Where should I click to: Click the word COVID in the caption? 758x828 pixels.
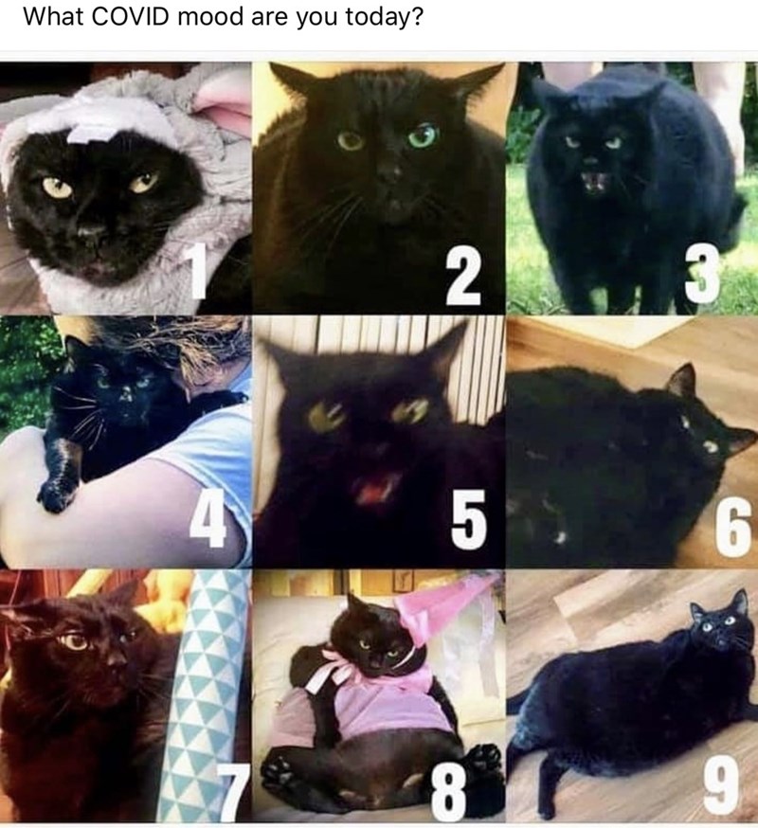(x=130, y=17)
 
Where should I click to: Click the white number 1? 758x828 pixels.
(x=199, y=272)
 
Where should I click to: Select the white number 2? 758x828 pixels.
(x=463, y=278)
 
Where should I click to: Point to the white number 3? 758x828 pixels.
(x=702, y=274)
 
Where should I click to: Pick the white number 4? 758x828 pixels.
(x=208, y=520)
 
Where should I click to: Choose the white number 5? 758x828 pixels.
(x=468, y=520)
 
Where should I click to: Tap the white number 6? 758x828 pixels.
(x=733, y=527)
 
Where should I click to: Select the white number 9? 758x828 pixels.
(x=720, y=785)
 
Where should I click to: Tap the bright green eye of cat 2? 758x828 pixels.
(x=424, y=136)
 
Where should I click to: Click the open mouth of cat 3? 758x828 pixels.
(x=595, y=182)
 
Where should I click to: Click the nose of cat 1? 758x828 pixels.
(x=91, y=230)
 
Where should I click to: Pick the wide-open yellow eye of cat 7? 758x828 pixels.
(x=75, y=641)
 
